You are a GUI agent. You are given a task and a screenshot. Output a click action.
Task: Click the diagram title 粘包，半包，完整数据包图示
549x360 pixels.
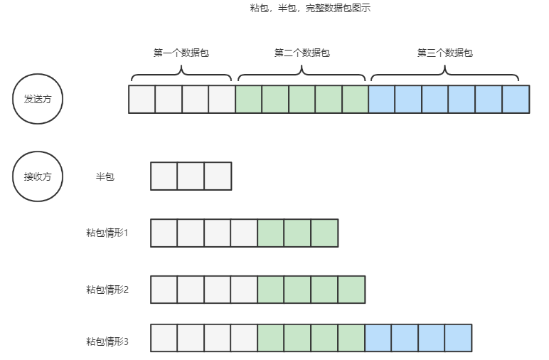[x=311, y=9]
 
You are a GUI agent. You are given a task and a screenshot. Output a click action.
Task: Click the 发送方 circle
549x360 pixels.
[x=38, y=99]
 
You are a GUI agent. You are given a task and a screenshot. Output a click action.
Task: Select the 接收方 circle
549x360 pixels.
[x=38, y=176]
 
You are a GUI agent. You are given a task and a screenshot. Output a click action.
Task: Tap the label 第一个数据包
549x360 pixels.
[x=181, y=53]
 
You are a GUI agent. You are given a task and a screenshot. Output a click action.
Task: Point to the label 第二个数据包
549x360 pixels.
[x=302, y=53]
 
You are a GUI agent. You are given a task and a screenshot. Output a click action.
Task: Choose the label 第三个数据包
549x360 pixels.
[x=444, y=53]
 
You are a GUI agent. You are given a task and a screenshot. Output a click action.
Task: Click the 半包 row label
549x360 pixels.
[x=105, y=176]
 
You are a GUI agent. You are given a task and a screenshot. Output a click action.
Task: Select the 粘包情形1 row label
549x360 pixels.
[x=107, y=233]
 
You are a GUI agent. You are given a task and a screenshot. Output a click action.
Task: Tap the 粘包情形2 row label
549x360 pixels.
[x=107, y=290]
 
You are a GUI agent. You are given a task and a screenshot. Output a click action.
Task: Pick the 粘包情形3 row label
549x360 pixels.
[x=107, y=342]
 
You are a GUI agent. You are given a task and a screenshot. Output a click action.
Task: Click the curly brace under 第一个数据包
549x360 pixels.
[x=181, y=73]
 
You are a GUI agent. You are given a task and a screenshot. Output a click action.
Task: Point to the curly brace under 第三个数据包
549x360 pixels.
[x=444, y=73]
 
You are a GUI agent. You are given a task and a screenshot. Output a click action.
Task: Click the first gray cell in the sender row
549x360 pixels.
[x=142, y=99]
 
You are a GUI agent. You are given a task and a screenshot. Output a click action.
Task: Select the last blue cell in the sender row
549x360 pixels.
[x=516, y=99]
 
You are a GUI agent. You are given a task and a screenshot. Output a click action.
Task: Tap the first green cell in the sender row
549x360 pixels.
[x=248, y=99]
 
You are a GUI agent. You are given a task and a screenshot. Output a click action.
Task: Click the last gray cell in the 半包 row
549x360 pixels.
[x=218, y=176]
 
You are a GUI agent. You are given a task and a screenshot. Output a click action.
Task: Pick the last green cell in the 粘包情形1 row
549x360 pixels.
[x=324, y=233]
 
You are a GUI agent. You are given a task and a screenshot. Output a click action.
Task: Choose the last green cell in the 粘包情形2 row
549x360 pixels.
[x=351, y=290]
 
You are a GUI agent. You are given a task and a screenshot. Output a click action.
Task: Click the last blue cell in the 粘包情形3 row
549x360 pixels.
[x=459, y=338]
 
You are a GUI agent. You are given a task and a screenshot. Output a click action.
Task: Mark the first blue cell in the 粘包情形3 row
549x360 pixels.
[x=378, y=338]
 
